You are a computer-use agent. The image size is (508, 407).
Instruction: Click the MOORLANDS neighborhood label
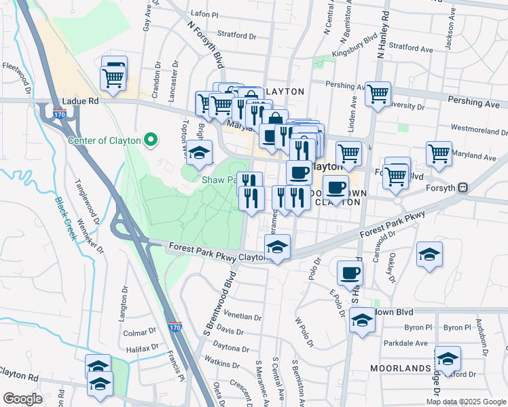point(401,368)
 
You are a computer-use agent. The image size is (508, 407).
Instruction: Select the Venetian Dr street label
point(243,317)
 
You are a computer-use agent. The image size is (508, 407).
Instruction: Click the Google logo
point(22,399)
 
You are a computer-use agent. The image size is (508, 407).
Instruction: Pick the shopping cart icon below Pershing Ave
point(378,94)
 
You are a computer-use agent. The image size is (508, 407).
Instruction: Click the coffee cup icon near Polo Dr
point(350,273)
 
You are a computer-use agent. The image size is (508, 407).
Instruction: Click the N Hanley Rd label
point(383,34)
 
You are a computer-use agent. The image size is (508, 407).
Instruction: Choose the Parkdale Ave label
point(403,343)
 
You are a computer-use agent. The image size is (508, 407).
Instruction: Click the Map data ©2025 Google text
point(467,402)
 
